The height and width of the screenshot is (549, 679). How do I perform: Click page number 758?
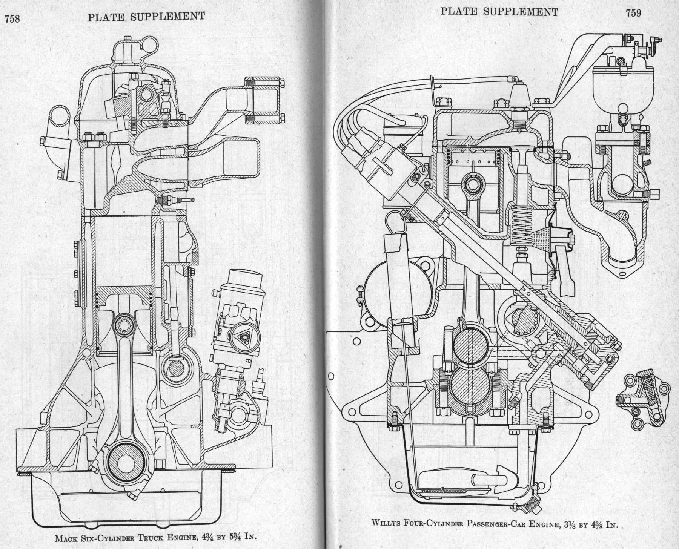pos(12,19)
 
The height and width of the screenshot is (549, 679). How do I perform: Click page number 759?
pos(633,13)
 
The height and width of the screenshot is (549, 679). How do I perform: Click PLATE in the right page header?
pos(459,12)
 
